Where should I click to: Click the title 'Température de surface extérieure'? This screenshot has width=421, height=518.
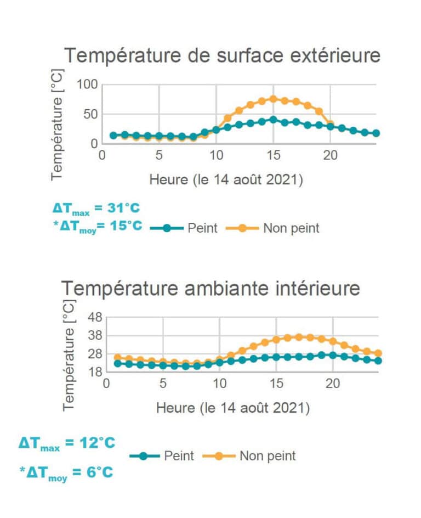[222, 55]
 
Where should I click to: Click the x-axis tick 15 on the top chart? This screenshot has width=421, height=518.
[273, 156]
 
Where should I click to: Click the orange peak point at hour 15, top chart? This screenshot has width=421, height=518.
[273, 99]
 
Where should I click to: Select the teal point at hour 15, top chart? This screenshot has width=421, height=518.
[273, 120]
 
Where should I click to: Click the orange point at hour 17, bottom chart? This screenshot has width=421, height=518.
[299, 337]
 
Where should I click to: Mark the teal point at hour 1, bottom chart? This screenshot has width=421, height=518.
[117, 363]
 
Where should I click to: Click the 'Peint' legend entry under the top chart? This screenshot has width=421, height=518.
[202, 228]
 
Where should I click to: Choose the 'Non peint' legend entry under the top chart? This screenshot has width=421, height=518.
[291, 228]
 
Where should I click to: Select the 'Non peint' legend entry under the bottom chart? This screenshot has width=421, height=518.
[267, 455]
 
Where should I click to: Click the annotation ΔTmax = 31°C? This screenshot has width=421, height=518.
[96, 209]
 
